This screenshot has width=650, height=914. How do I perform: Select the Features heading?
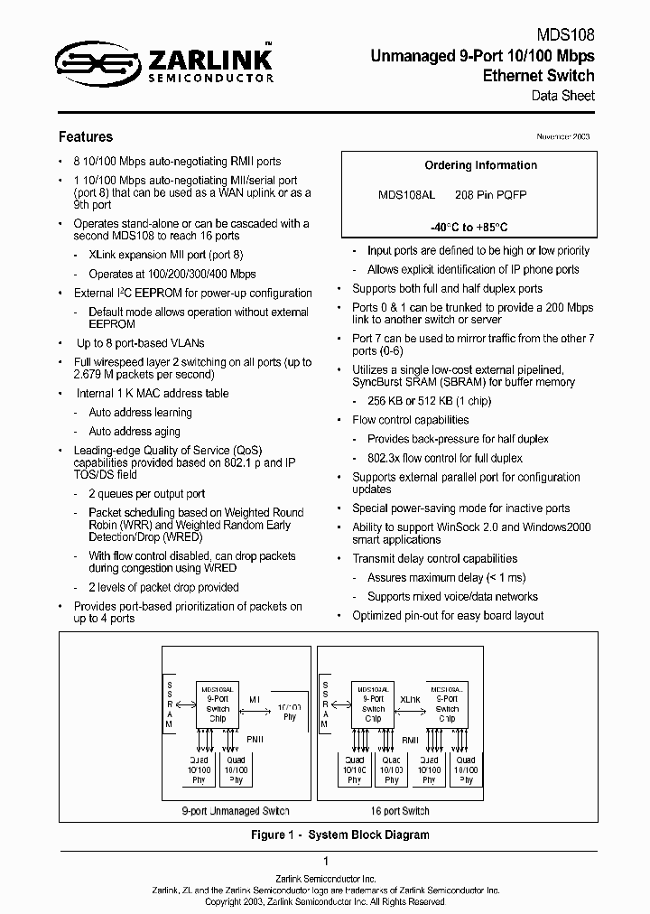(x=86, y=137)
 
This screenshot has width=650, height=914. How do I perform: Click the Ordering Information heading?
(x=480, y=165)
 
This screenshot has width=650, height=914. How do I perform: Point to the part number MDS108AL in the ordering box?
(x=406, y=195)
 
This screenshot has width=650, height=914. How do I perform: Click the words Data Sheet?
(x=568, y=96)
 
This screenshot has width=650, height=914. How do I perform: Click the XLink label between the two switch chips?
(x=410, y=700)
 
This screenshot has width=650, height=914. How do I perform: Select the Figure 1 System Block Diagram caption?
(x=339, y=835)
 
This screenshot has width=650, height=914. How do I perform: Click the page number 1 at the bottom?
(x=325, y=862)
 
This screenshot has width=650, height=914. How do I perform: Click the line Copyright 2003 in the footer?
(x=325, y=900)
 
